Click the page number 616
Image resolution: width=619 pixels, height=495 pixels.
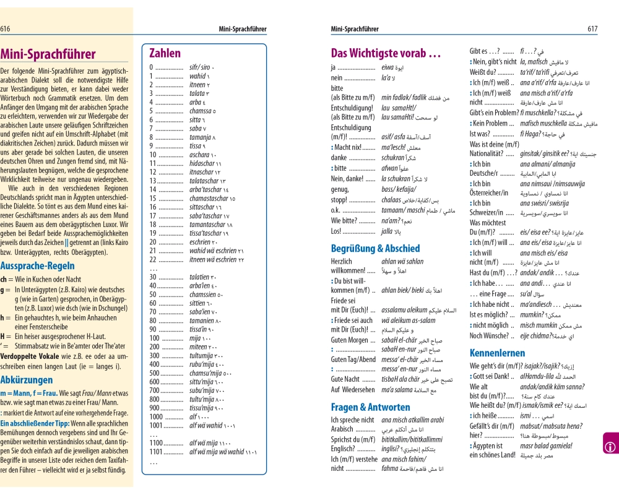coord(6,28)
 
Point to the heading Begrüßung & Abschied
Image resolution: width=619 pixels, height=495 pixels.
coord(375,249)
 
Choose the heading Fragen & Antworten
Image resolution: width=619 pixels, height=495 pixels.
coord(370,407)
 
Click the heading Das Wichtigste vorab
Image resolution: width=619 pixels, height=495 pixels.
coord(386,53)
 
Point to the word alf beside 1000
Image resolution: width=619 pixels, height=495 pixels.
coord(194,417)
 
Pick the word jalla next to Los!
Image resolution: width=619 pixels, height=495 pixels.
coord(387,231)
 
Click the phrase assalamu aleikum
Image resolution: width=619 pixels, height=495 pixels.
coord(404,309)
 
